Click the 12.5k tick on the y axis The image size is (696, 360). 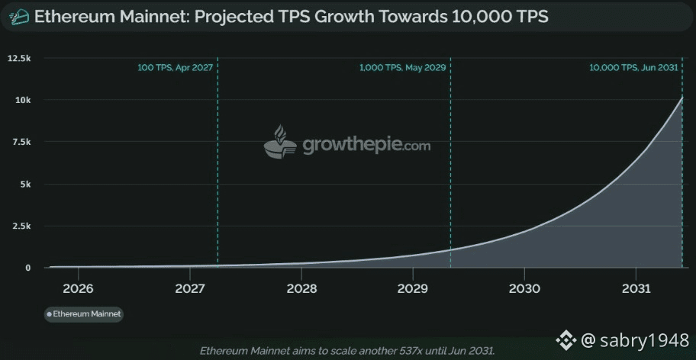click(x=19, y=58)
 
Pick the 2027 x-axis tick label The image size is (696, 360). click(x=189, y=289)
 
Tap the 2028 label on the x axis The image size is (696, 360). click(x=301, y=289)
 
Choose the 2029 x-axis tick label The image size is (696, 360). click(x=413, y=289)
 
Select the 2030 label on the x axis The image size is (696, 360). click(x=524, y=289)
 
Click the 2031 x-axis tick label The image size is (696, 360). click(x=636, y=289)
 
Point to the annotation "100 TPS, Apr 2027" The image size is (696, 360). click(x=175, y=68)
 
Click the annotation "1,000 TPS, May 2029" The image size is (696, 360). click(x=402, y=68)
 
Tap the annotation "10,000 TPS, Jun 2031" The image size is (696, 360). click(x=633, y=68)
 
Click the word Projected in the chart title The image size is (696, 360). click(x=230, y=16)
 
